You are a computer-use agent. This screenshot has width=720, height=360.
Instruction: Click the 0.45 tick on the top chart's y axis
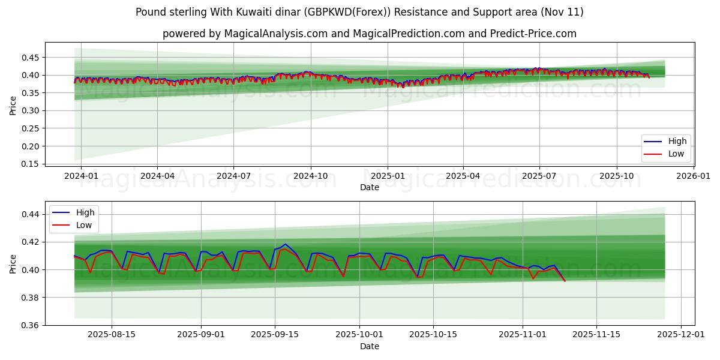(x=30, y=58)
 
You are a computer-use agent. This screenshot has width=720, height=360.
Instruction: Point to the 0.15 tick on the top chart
(x=30, y=164)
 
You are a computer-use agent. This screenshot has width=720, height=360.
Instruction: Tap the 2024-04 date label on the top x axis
(x=157, y=176)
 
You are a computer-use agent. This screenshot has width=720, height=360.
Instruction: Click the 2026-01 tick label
(x=693, y=176)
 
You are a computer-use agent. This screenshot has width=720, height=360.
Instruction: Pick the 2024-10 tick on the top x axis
(x=311, y=176)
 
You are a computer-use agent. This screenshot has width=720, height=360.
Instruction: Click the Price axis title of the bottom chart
(x=13, y=263)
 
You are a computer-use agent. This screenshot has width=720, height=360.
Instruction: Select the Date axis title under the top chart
(x=369, y=187)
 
